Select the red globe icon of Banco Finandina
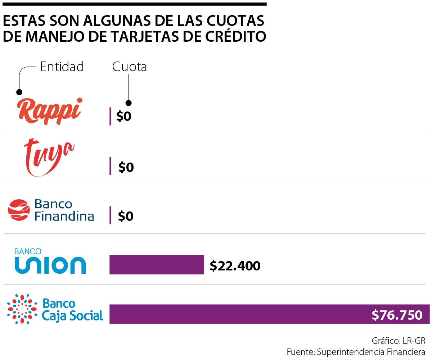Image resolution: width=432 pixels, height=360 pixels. coord(19,210)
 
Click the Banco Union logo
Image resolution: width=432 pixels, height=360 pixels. coord(50,261)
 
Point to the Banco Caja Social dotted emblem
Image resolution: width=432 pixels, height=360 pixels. coord(22,309)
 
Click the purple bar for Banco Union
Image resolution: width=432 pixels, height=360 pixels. coord(157,265)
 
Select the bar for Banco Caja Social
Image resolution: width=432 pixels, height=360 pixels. coord(238,314)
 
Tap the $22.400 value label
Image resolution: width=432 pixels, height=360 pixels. coord(235,266)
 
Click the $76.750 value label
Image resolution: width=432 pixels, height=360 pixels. coord(397,315)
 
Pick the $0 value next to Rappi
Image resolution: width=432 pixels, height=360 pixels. coord(124,117)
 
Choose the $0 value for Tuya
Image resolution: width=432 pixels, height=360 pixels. coord(126,167)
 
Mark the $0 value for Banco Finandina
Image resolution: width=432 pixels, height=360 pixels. coord(126,216)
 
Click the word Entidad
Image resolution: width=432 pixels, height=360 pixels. coord(62,67)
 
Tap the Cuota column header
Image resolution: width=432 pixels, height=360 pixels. coord(129,67)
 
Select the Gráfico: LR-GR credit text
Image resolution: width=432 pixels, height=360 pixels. coord(399,340)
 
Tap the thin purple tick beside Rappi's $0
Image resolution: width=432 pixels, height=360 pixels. coord(110,116)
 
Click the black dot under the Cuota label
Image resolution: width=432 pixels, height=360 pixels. coord(129,103)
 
